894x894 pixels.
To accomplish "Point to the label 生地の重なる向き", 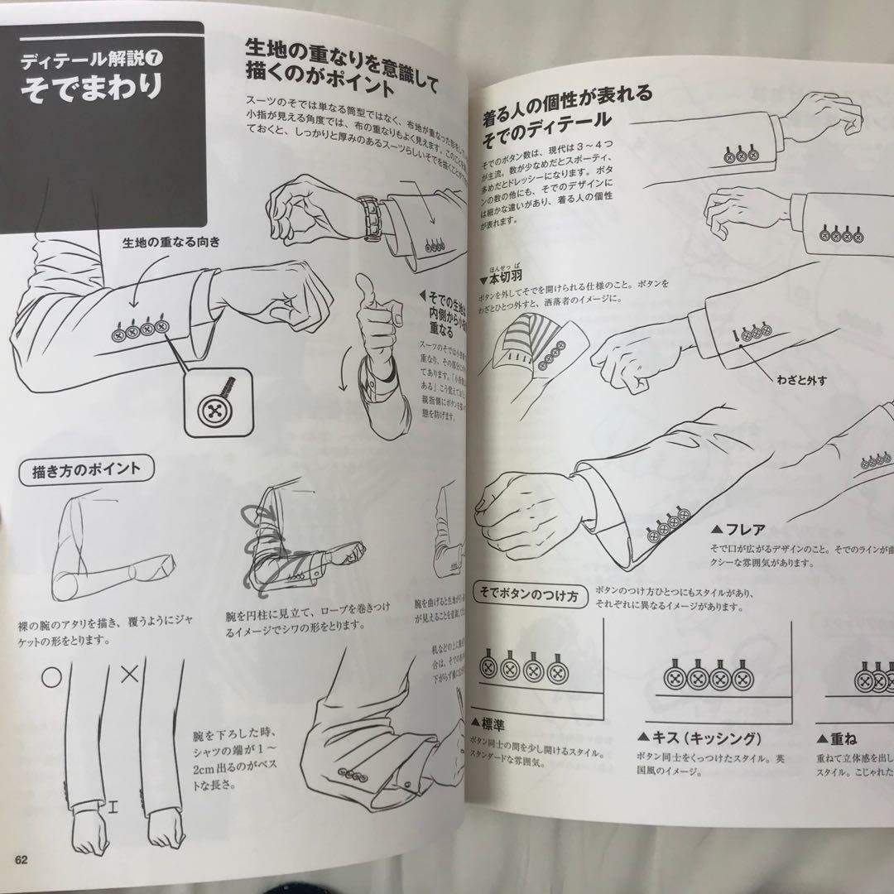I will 171,243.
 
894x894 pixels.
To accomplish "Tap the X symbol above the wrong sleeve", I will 129,675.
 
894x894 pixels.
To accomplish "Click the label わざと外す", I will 801,380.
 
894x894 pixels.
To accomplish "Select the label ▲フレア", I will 738,528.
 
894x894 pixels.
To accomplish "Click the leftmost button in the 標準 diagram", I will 488,667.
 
